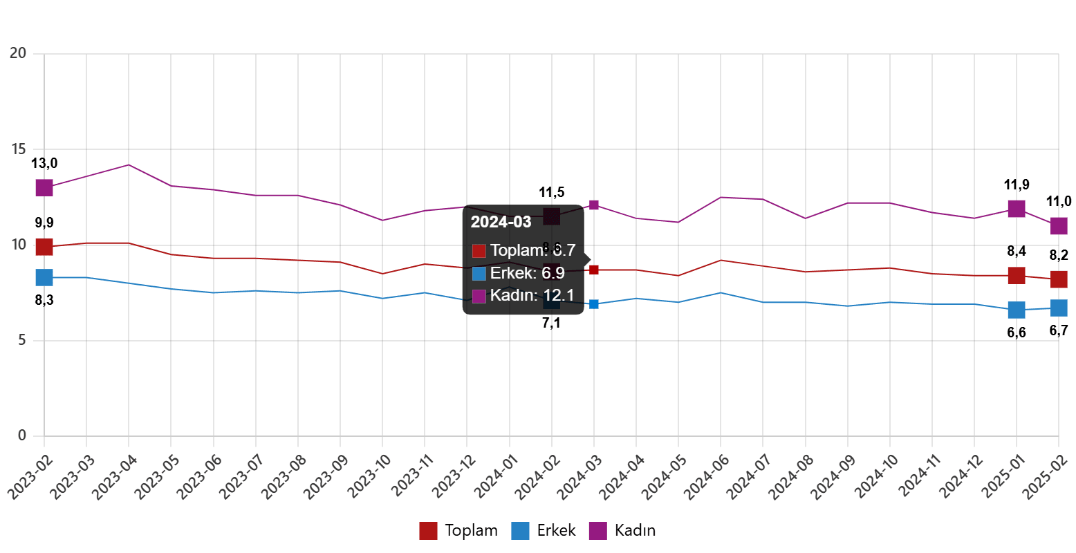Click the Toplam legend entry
[458, 531]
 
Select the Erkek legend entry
[544, 531]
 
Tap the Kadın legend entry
[622, 531]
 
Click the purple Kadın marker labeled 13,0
[44, 187]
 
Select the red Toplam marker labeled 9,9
[44, 247]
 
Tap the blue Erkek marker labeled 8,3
[44, 277]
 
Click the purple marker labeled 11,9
[1017, 208]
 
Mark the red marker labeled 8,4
[1017, 275]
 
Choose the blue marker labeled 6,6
[1017, 310]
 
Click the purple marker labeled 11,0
[1059, 225]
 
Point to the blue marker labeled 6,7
[1059, 308]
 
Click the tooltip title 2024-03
[501, 222]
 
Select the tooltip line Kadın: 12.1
[532, 296]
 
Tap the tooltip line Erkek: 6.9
[527, 273]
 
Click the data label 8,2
[1059, 255]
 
